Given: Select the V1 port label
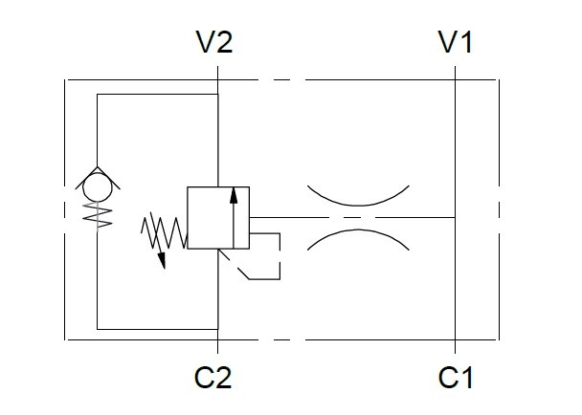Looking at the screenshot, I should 456,43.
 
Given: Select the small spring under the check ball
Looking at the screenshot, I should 96,214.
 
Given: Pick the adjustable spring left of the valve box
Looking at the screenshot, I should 163,229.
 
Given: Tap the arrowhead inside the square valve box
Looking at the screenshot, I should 232,197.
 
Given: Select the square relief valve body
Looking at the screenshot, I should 218,218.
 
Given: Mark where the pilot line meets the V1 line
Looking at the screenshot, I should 456,217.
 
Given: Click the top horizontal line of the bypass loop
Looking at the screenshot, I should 158,95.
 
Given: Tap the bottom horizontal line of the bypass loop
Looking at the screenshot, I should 158,329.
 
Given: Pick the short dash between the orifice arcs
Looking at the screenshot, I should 353,217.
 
